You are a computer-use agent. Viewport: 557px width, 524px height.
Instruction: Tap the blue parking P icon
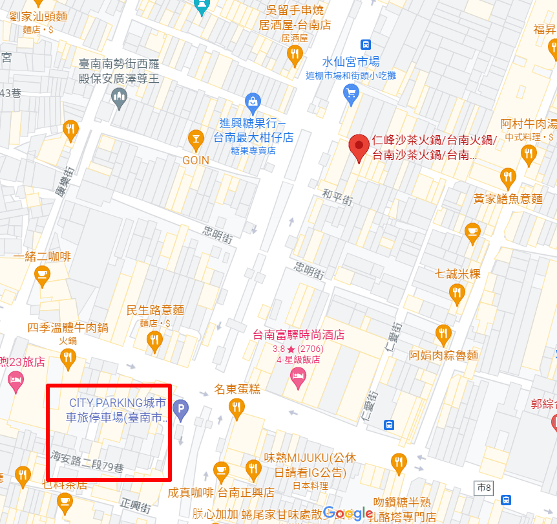[182, 409]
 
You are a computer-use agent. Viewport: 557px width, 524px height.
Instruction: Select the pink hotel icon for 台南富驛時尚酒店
[298, 377]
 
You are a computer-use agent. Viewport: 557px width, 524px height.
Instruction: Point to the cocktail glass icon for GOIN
[195, 138]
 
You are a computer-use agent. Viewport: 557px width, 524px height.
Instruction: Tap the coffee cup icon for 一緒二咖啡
[43, 276]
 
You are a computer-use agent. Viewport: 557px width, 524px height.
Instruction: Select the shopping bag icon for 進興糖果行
[253, 102]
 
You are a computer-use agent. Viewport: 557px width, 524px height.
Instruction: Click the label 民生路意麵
[156, 311]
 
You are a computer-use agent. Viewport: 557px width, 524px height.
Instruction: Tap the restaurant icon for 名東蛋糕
[237, 406]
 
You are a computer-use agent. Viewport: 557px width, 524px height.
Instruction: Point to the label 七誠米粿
[457, 274]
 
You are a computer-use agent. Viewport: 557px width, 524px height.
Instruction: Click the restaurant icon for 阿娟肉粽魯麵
[443, 334]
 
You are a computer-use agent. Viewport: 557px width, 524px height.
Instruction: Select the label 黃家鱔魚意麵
[509, 199]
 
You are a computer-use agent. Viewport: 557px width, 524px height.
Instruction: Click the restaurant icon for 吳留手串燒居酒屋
[295, 56]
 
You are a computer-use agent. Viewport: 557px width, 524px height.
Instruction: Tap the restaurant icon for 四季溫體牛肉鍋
[68, 356]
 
